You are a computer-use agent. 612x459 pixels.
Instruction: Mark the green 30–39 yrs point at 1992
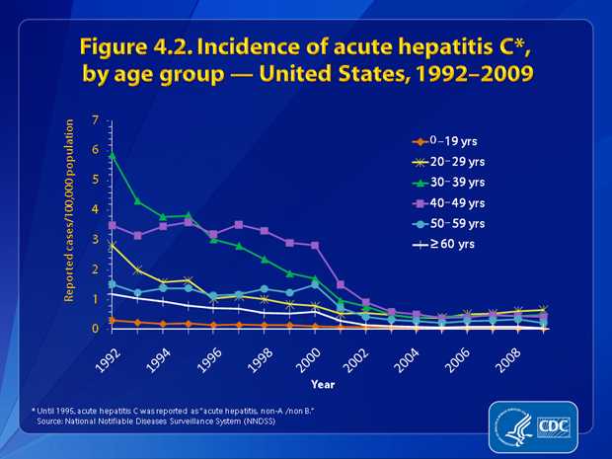point(113,156)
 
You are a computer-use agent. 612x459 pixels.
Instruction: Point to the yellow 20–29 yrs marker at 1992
point(113,245)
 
